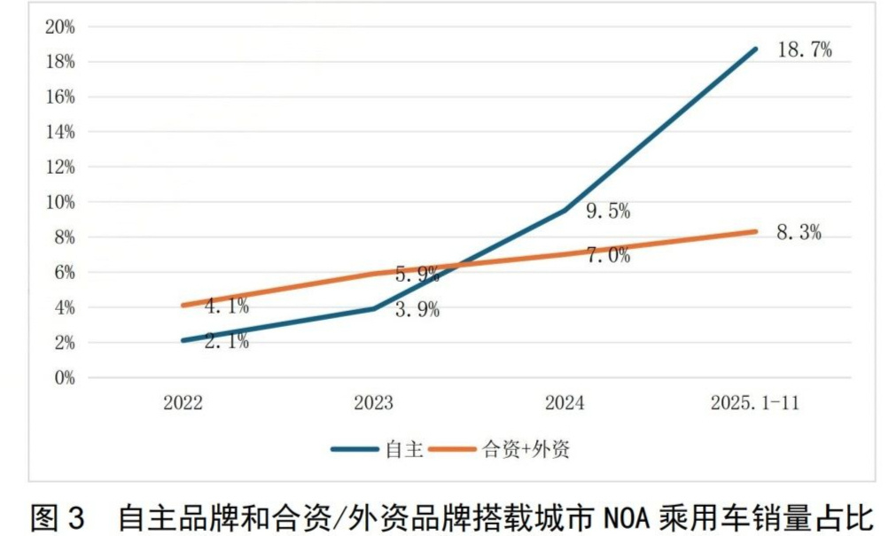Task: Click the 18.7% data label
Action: (804, 50)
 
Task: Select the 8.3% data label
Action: (799, 233)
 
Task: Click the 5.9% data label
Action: (417, 275)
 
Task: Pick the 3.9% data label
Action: (417, 311)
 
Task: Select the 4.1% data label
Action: (227, 307)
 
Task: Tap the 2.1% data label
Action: (227, 341)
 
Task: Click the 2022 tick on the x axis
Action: (183, 402)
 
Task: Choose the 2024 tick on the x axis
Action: (565, 402)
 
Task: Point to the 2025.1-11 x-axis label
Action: (755, 402)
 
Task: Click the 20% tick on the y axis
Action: (60, 27)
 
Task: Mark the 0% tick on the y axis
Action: (65, 377)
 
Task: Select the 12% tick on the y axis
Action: (60, 167)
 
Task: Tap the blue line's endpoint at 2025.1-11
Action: (756, 49)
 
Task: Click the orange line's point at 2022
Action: (183, 306)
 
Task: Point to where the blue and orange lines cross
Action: (457, 264)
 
